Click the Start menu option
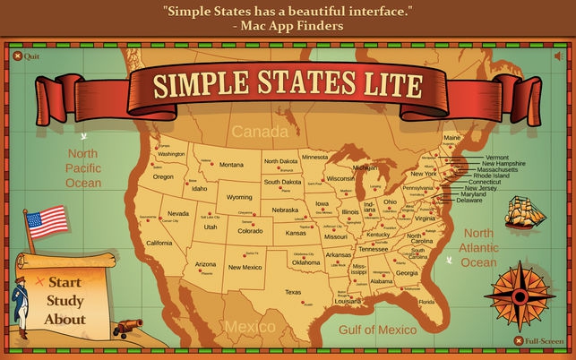coord(64,283)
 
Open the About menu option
coord(64,319)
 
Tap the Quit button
coord(26,56)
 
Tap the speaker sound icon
coord(559,56)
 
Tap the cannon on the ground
coord(126,326)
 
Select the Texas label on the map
coord(294,292)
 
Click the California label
coord(159,244)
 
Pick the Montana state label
coord(231,165)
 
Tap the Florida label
coord(426,301)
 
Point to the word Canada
coord(254,133)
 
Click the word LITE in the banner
coord(383,85)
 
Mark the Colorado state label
coord(250,230)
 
